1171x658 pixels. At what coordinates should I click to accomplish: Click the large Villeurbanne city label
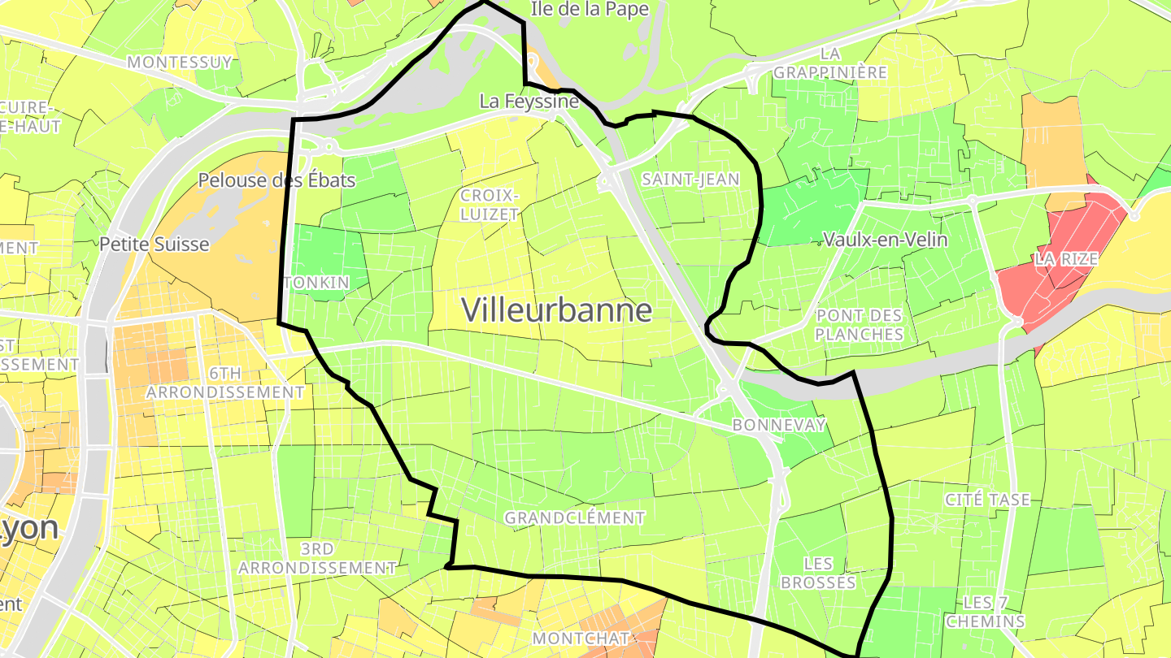(x=557, y=310)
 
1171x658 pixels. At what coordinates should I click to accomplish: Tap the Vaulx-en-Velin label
(x=885, y=240)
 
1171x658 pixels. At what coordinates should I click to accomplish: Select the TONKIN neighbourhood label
(x=317, y=283)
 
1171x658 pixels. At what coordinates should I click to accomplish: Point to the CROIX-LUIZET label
(x=490, y=204)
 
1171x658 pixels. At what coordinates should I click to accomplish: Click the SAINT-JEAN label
(x=690, y=179)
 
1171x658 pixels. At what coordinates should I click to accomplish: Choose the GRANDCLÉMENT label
(x=575, y=517)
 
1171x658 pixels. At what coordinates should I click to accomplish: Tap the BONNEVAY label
(x=779, y=425)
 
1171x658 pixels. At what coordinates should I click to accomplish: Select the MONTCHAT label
(x=581, y=638)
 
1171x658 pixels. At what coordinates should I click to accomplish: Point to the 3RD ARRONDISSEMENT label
(x=317, y=558)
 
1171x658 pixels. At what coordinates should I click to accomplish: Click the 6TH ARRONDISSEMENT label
(x=225, y=383)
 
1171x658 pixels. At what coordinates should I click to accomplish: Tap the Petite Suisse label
(x=155, y=244)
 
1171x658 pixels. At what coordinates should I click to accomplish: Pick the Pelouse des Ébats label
(x=278, y=180)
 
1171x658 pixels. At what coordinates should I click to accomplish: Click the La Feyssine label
(x=529, y=102)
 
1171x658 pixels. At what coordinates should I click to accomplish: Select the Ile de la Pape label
(x=590, y=9)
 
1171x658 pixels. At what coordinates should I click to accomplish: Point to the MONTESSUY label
(x=181, y=62)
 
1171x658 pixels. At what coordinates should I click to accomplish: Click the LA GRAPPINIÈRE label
(x=829, y=63)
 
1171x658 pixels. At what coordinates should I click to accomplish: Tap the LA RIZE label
(x=1066, y=260)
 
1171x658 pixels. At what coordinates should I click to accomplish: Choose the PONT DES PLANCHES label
(x=860, y=325)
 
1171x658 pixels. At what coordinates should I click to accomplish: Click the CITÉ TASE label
(x=988, y=500)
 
